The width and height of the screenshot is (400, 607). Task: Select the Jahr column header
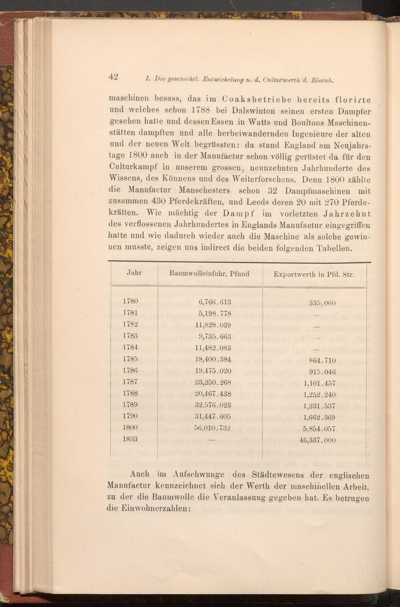pos(134,273)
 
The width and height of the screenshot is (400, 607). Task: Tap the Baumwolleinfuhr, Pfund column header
pos(209,274)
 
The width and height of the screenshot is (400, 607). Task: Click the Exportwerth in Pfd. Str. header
pos(314,274)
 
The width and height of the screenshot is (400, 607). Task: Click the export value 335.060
pos(322,303)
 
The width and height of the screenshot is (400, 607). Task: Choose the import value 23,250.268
pos(212,383)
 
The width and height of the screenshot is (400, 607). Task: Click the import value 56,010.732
pos(212,428)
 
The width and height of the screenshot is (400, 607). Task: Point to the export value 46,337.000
pos(317,441)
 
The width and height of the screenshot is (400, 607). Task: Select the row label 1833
pos(130,439)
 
